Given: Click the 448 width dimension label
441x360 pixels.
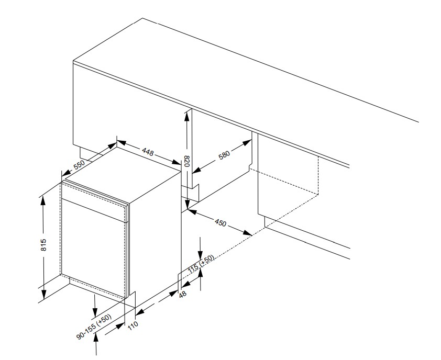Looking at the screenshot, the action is [148, 152].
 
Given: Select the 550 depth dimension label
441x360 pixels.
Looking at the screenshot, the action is [79, 165].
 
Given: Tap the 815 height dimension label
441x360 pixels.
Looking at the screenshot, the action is [43, 245].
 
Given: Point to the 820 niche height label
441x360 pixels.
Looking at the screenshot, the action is [186, 161].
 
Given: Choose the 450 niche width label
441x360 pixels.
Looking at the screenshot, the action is [220, 222].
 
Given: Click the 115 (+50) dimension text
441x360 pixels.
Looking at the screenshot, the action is [201, 264].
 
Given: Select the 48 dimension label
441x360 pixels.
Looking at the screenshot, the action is [183, 294].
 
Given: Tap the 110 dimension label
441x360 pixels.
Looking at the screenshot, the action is [133, 325].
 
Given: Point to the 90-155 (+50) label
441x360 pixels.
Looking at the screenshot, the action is [94, 327].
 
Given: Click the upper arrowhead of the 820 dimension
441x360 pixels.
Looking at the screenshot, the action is [186, 116].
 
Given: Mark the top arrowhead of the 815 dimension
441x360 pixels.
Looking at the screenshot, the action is [43, 200].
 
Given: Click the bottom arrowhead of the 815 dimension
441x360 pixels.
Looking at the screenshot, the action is [43, 295].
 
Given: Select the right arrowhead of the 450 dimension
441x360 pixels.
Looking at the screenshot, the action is [248, 233].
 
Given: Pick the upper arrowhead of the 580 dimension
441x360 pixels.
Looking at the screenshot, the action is [247, 142].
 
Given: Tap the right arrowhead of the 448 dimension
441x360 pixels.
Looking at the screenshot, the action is [177, 162].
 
